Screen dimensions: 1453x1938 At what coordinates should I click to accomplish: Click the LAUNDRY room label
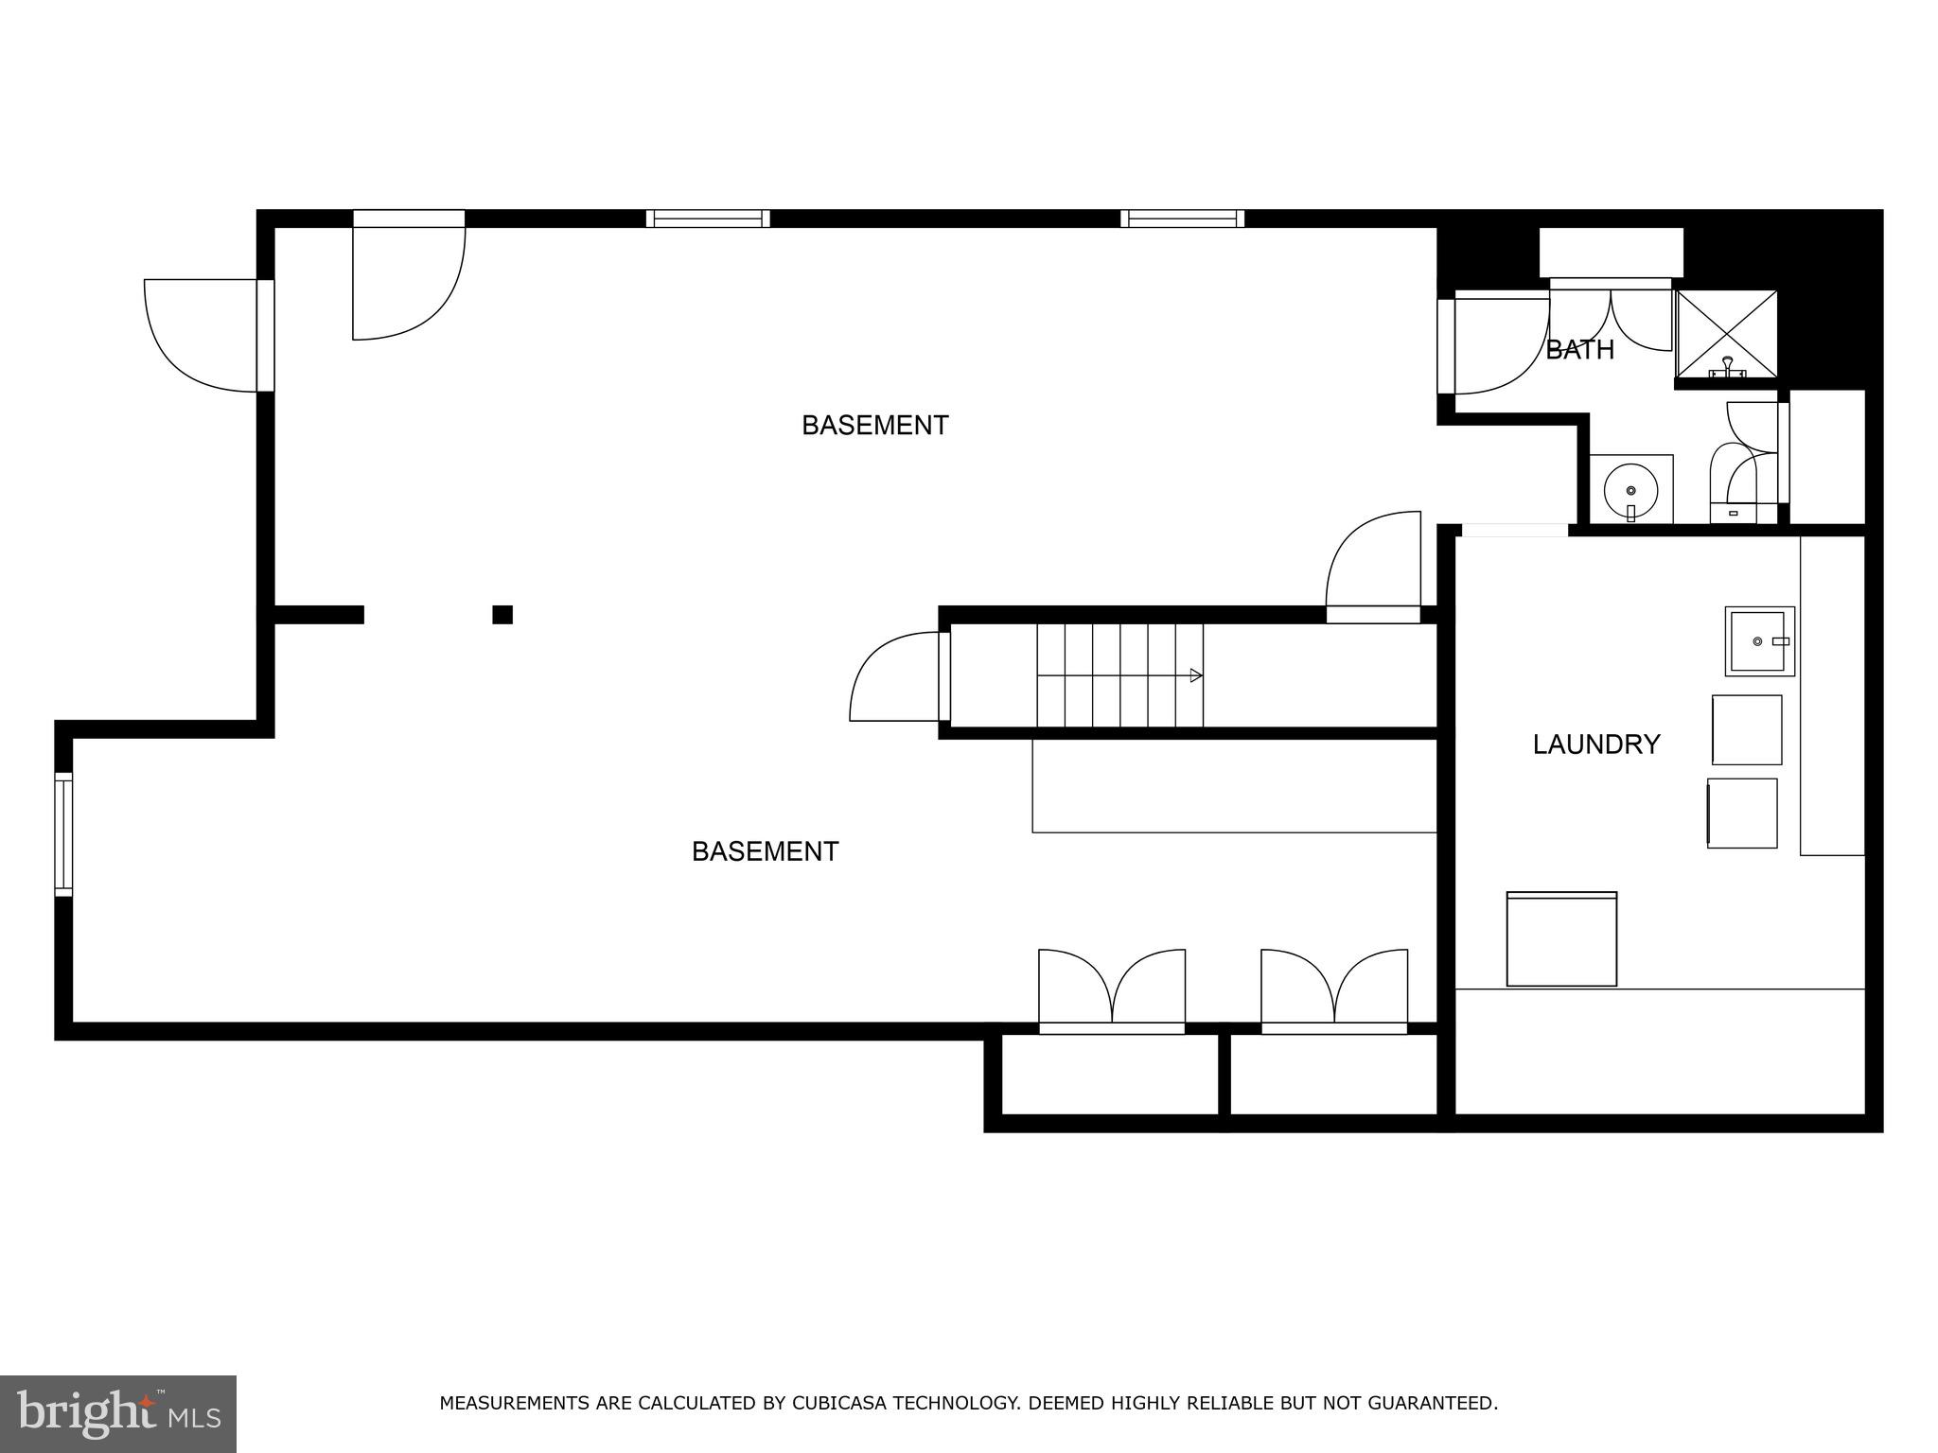(x=1595, y=744)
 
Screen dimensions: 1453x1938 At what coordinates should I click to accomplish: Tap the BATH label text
(x=1579, y=350)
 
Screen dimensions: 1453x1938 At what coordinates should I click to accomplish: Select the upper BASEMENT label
(x=874, y=426)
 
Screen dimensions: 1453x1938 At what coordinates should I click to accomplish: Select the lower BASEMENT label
(x=765, y=851)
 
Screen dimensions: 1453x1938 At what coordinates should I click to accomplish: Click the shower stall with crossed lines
(x=1727, y=334)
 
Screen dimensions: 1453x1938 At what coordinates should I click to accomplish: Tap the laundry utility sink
(x=1759, y=641)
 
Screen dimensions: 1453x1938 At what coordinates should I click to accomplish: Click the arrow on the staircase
(x=1195, y=675)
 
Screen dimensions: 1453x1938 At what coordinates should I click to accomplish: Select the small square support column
(x=502, y=615)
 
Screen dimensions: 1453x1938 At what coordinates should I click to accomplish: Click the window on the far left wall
(x=63, y=833)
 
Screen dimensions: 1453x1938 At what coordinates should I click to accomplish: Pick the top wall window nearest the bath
(x=1182, y=219)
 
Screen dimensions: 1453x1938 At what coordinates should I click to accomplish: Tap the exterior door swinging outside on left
(x=199, y=336)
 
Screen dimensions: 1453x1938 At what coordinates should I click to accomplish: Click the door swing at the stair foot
(x=894, y=678)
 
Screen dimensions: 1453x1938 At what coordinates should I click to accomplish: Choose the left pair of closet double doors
(x=1112, y=989)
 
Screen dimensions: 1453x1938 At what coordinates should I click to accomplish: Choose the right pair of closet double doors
(x=1333, y=989)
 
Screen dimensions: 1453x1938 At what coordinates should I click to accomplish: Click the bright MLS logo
(x=118, y=1413)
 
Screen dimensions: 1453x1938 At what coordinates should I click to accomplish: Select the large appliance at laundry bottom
(x=1561, y=939)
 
